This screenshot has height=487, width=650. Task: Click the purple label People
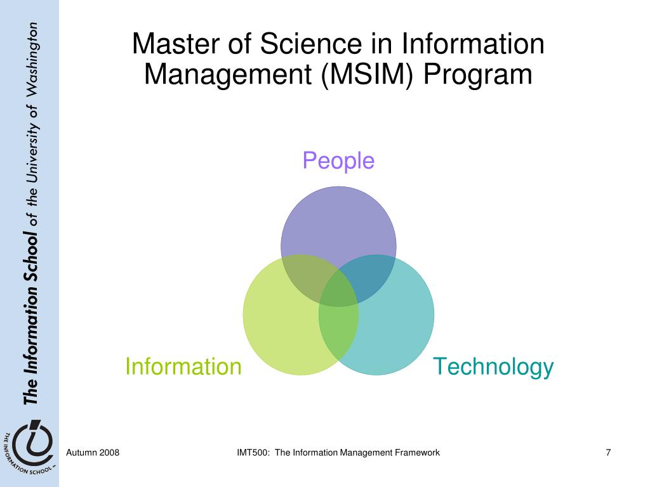click(x=338, y=161)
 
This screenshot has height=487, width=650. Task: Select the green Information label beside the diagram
click(x=183, y=367)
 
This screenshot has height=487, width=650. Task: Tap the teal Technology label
click(x=493, y=367)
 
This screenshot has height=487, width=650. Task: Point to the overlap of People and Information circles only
click(x=301, y=276)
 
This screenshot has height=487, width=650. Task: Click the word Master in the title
click(x=168, y=45)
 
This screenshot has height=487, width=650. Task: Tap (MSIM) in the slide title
click(x=368, y=75)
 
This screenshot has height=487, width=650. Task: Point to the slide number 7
click(x=608, y=452)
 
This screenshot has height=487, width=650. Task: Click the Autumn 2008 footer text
click(x=93, y=452)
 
